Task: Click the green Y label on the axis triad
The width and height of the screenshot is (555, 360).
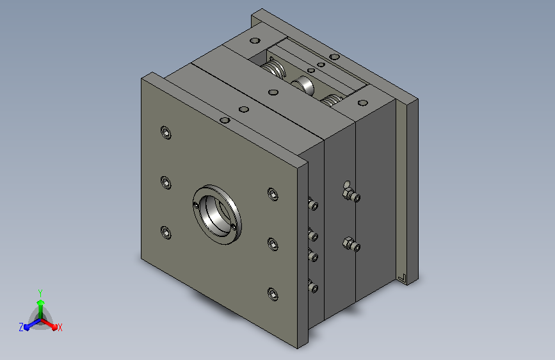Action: (x=40, y=293)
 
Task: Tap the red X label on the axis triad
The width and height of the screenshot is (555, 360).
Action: (x=60, y=327)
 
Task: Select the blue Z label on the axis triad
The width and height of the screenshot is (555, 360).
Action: (x=21, y=327)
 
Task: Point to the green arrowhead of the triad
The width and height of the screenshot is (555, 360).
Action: (x=41, y=302)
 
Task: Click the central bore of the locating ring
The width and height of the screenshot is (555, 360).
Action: (x=216, y=215)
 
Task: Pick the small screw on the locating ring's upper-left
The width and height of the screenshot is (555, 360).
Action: (x=196, y=205)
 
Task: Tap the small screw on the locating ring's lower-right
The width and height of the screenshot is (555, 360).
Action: (x=233, y=226)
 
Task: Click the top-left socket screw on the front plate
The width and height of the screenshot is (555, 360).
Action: (x=166, y=133)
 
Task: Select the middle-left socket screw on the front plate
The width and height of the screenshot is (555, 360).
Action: (x=166, y=183)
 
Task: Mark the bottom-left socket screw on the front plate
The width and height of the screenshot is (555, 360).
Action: (x=166, y=233)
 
